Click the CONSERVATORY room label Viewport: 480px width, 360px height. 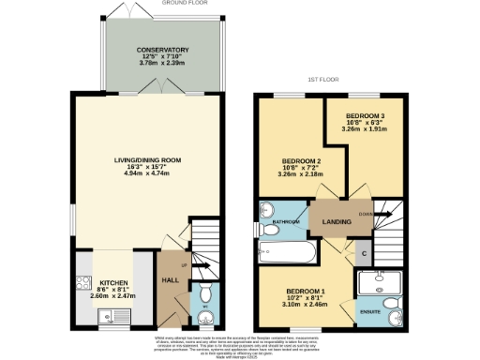(x=163, y=50)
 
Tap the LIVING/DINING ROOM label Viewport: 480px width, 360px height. (x=145, y=160)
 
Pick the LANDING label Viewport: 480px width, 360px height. (x=337, y=221)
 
